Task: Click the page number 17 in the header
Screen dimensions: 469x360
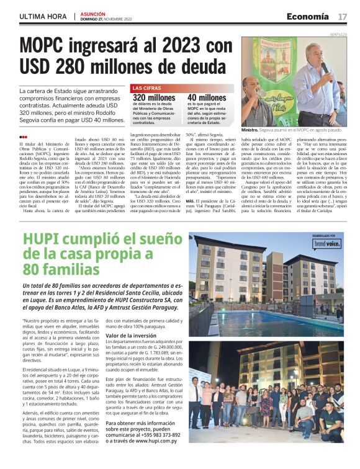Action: click(343, 16)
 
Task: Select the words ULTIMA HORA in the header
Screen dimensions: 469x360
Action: click(43, 16)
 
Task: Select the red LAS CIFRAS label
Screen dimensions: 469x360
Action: click(146, 89)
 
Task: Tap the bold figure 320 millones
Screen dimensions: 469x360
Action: click(154, 97)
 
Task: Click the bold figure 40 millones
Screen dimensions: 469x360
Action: click(207, 97)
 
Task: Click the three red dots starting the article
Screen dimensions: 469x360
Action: click(23, 138)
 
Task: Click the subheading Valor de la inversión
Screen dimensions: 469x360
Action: click(130, 336)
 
